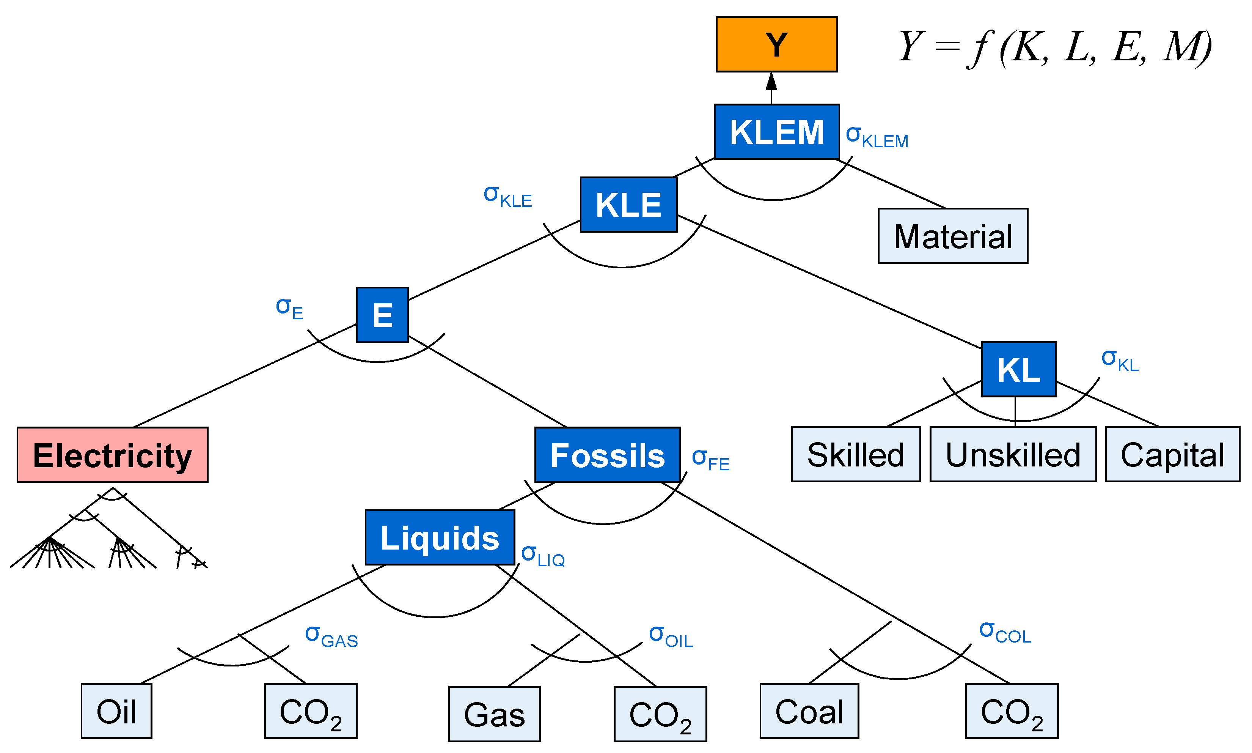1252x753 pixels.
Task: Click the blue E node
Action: pyautogui.click(x=382, y=315)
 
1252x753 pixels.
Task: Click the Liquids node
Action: pyautogui.click(x=439, y=537)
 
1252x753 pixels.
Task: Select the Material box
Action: pyautogui.click(x=952, y=236)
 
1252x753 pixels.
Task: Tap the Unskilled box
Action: pyautogui.click(x=1013, y=454)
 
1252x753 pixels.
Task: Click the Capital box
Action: pyautogui.click(x=1172, y=454)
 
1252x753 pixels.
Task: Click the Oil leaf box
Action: pyautogui.click(x=116, y=711)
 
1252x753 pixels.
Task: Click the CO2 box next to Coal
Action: pyautogui.click(x=1011, y=711)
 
